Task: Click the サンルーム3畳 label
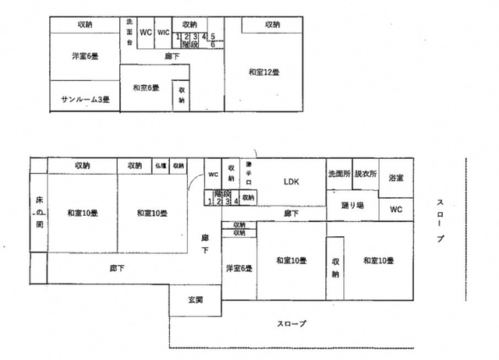pos(84,100)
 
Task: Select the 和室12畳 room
pos(264,72)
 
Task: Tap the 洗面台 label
pos(129,32)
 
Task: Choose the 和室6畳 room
pos(146,87)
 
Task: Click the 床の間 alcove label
pos(38,212)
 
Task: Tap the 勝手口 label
pos(249,176)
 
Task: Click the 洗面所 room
pos(339,174)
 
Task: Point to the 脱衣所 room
pos(365,174)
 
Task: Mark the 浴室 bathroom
pos(396,178)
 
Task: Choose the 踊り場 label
pos(352,206)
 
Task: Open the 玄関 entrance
pos(196,299)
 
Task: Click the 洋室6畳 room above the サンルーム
pos(84,55)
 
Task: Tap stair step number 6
pos(213,44)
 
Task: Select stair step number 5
pos(212,37)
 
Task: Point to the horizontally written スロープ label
pos(292,323)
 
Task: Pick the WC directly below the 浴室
pos(395,209)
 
